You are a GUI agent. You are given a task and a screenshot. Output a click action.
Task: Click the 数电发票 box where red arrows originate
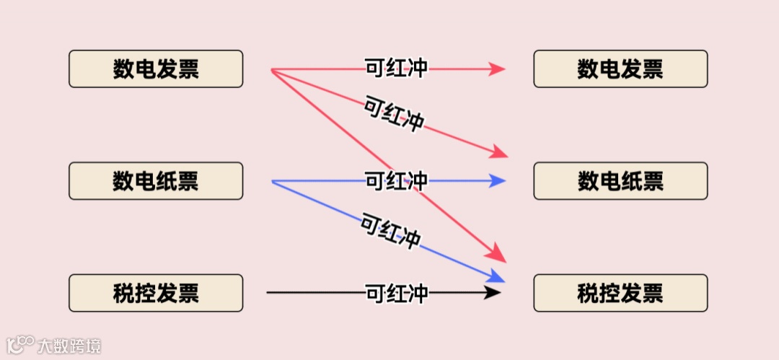tap(156, 69)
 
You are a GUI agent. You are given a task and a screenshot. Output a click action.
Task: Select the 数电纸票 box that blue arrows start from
tap(156, 181)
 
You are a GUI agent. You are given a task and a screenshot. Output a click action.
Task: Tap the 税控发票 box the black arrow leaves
tap(156, 293)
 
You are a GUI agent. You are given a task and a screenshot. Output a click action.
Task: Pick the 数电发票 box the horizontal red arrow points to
tap(620, 69)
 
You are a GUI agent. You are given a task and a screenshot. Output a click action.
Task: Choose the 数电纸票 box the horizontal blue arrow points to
tap(620, 181)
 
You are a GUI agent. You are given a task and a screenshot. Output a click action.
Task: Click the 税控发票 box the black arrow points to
tap(620, 293)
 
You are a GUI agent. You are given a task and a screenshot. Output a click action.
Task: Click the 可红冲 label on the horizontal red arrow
tap(397, 69)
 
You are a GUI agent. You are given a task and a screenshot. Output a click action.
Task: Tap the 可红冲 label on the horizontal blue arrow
tap(397, 180)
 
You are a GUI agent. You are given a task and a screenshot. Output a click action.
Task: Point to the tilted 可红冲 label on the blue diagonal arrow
tap(390, 231)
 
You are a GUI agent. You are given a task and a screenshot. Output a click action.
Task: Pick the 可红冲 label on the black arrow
tap(397, 293)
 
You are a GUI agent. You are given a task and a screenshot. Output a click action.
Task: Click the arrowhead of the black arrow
tap(493, 292)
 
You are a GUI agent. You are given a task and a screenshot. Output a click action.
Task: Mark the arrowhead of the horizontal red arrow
tap(497, 69)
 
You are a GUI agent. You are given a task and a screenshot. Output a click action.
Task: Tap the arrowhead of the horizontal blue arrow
tap(497, 180)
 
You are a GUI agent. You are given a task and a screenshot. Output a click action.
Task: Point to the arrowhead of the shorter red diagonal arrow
tap(499, 152)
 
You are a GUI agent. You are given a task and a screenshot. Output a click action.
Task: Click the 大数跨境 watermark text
tap(69, 345)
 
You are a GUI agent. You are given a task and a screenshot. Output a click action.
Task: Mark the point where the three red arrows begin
tap(272, 70)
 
